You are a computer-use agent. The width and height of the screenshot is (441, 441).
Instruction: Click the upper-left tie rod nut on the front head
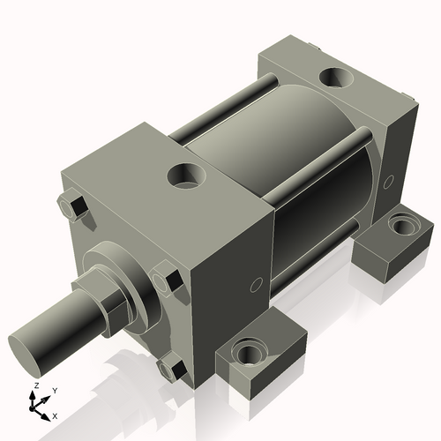pyautogui.click(x=71, y=207)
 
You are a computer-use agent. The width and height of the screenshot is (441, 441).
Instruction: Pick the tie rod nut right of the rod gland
pyautogui.click(x=168, y=280)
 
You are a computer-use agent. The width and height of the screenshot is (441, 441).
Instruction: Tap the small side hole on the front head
pyautogui.click(x=255, y=284)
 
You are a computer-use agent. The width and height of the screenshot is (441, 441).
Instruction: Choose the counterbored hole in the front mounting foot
pyautogui.click(x=248, y=355)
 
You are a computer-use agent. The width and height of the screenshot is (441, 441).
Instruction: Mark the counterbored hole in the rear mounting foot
pyautogui.click(x=402, y=226)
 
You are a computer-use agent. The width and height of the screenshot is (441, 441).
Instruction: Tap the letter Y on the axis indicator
pyautogui.click(x=54, y=389)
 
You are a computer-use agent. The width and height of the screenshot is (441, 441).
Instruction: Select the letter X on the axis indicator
pyautogui.click(x=55, y=415)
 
